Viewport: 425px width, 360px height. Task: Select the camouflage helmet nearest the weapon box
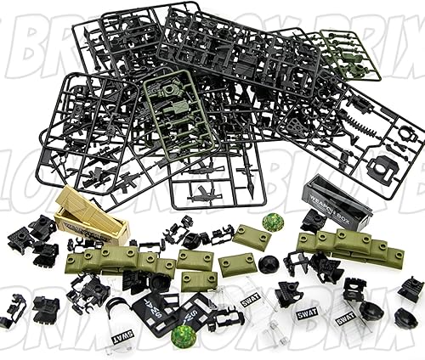click(273, 222)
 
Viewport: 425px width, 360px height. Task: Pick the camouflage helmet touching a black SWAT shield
click(183, 336)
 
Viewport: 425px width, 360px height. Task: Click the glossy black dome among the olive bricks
click(269, 264)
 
